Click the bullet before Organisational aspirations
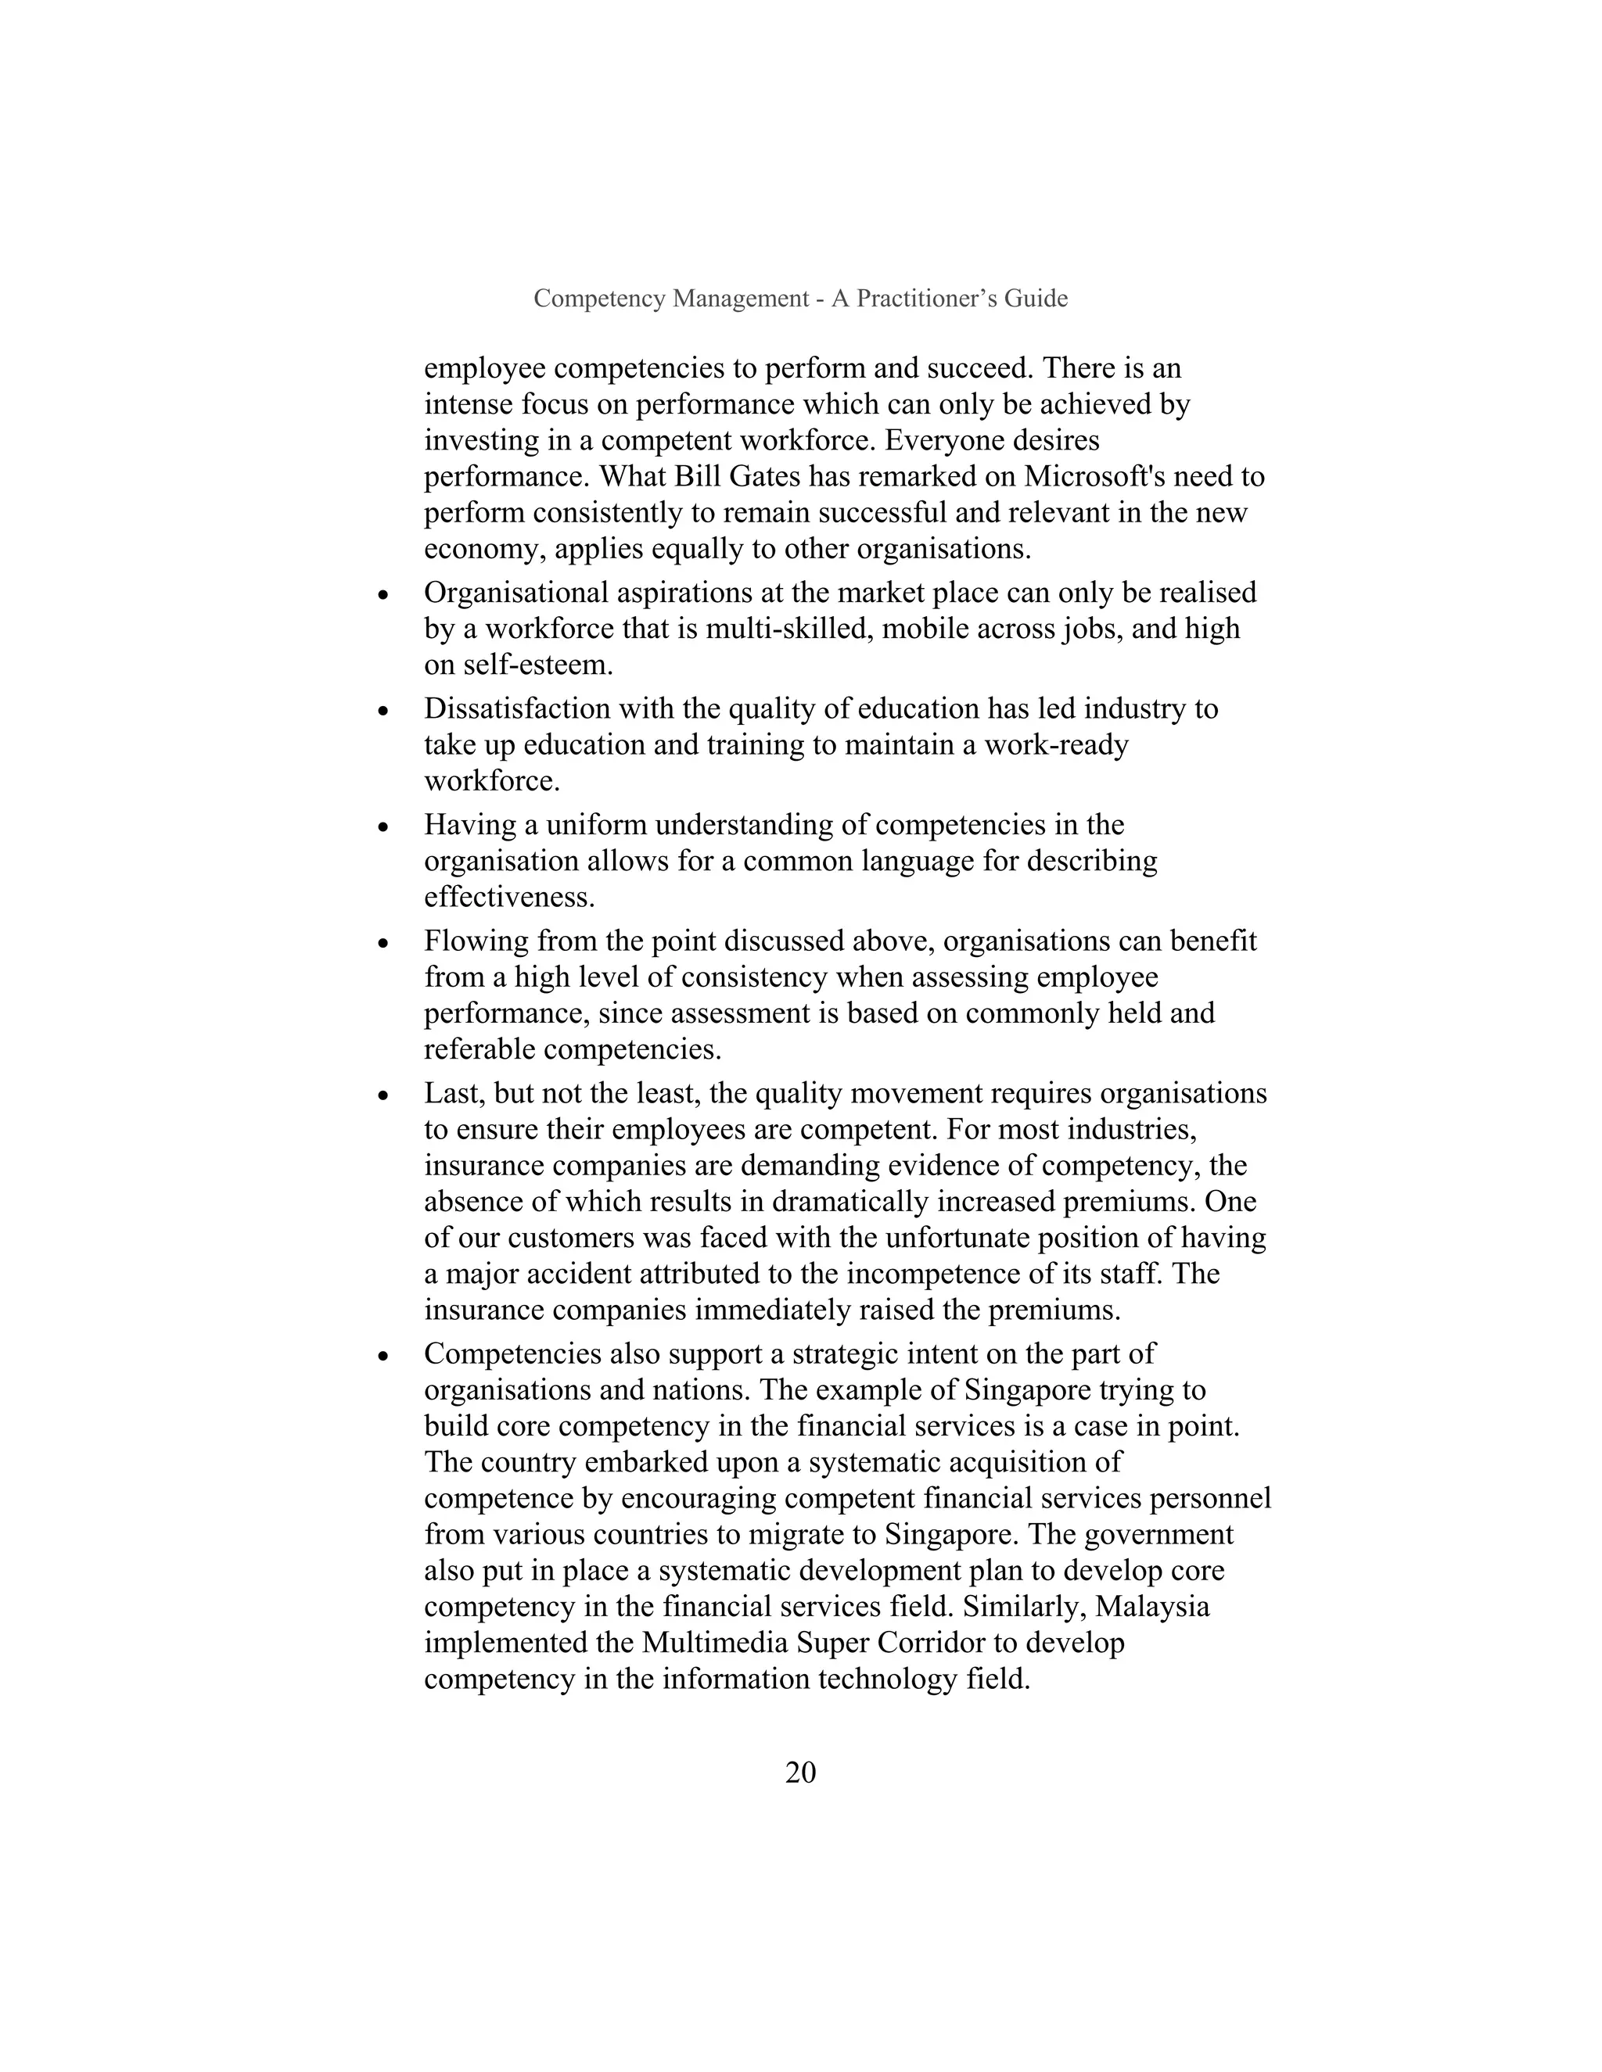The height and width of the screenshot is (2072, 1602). (383, 596)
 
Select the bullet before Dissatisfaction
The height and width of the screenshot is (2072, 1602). (383, 712)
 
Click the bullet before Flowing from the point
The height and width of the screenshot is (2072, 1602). (383, 944)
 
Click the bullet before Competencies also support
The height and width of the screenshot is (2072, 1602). (383, 1357)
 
